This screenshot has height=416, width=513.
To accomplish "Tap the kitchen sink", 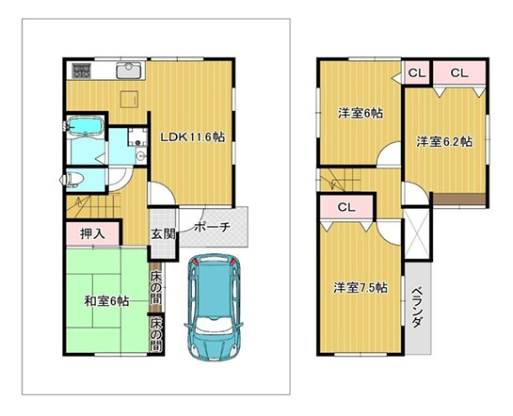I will (127, 71).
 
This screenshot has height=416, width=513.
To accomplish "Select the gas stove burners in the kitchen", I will (80, 71).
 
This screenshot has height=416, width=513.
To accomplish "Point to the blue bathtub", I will (86, 127).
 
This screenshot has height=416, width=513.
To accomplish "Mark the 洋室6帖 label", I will (360, 113).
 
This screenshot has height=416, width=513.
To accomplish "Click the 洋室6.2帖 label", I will (444, 141).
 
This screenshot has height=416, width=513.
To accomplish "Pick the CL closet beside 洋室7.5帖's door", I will (345, 208).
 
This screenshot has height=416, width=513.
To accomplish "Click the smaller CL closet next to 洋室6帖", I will (416, 72).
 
